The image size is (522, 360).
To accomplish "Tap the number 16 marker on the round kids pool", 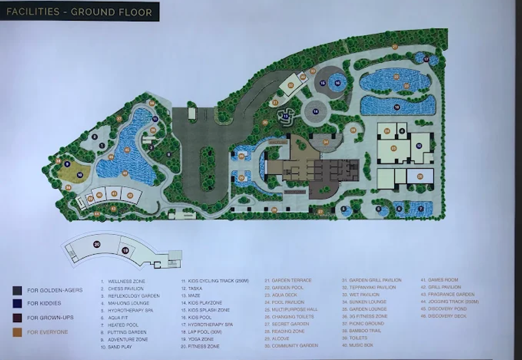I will [x=337, y=82].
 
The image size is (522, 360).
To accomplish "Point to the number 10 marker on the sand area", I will [x=79, y=174].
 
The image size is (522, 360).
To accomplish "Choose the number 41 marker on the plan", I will [x=114, y=194].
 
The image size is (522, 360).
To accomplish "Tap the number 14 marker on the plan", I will [x=316, y=112].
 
